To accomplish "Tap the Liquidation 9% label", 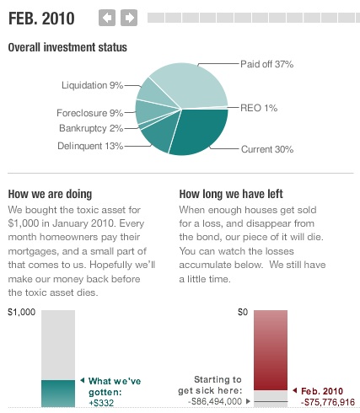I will pyautogui.click(x=93, y=85).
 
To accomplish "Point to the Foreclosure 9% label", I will pyautogui.click(x=90, y=113).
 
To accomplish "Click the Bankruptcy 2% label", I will pyautogui.click(x=91, y=128).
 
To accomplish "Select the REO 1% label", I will pyautogui.click(x=258, y=107).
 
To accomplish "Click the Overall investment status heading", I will pyautogui.click(x=67, y=47).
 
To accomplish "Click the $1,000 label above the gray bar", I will pyautogui.click(x=22, y=313).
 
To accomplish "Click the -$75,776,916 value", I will pyautogui.click(x=328, y=403).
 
